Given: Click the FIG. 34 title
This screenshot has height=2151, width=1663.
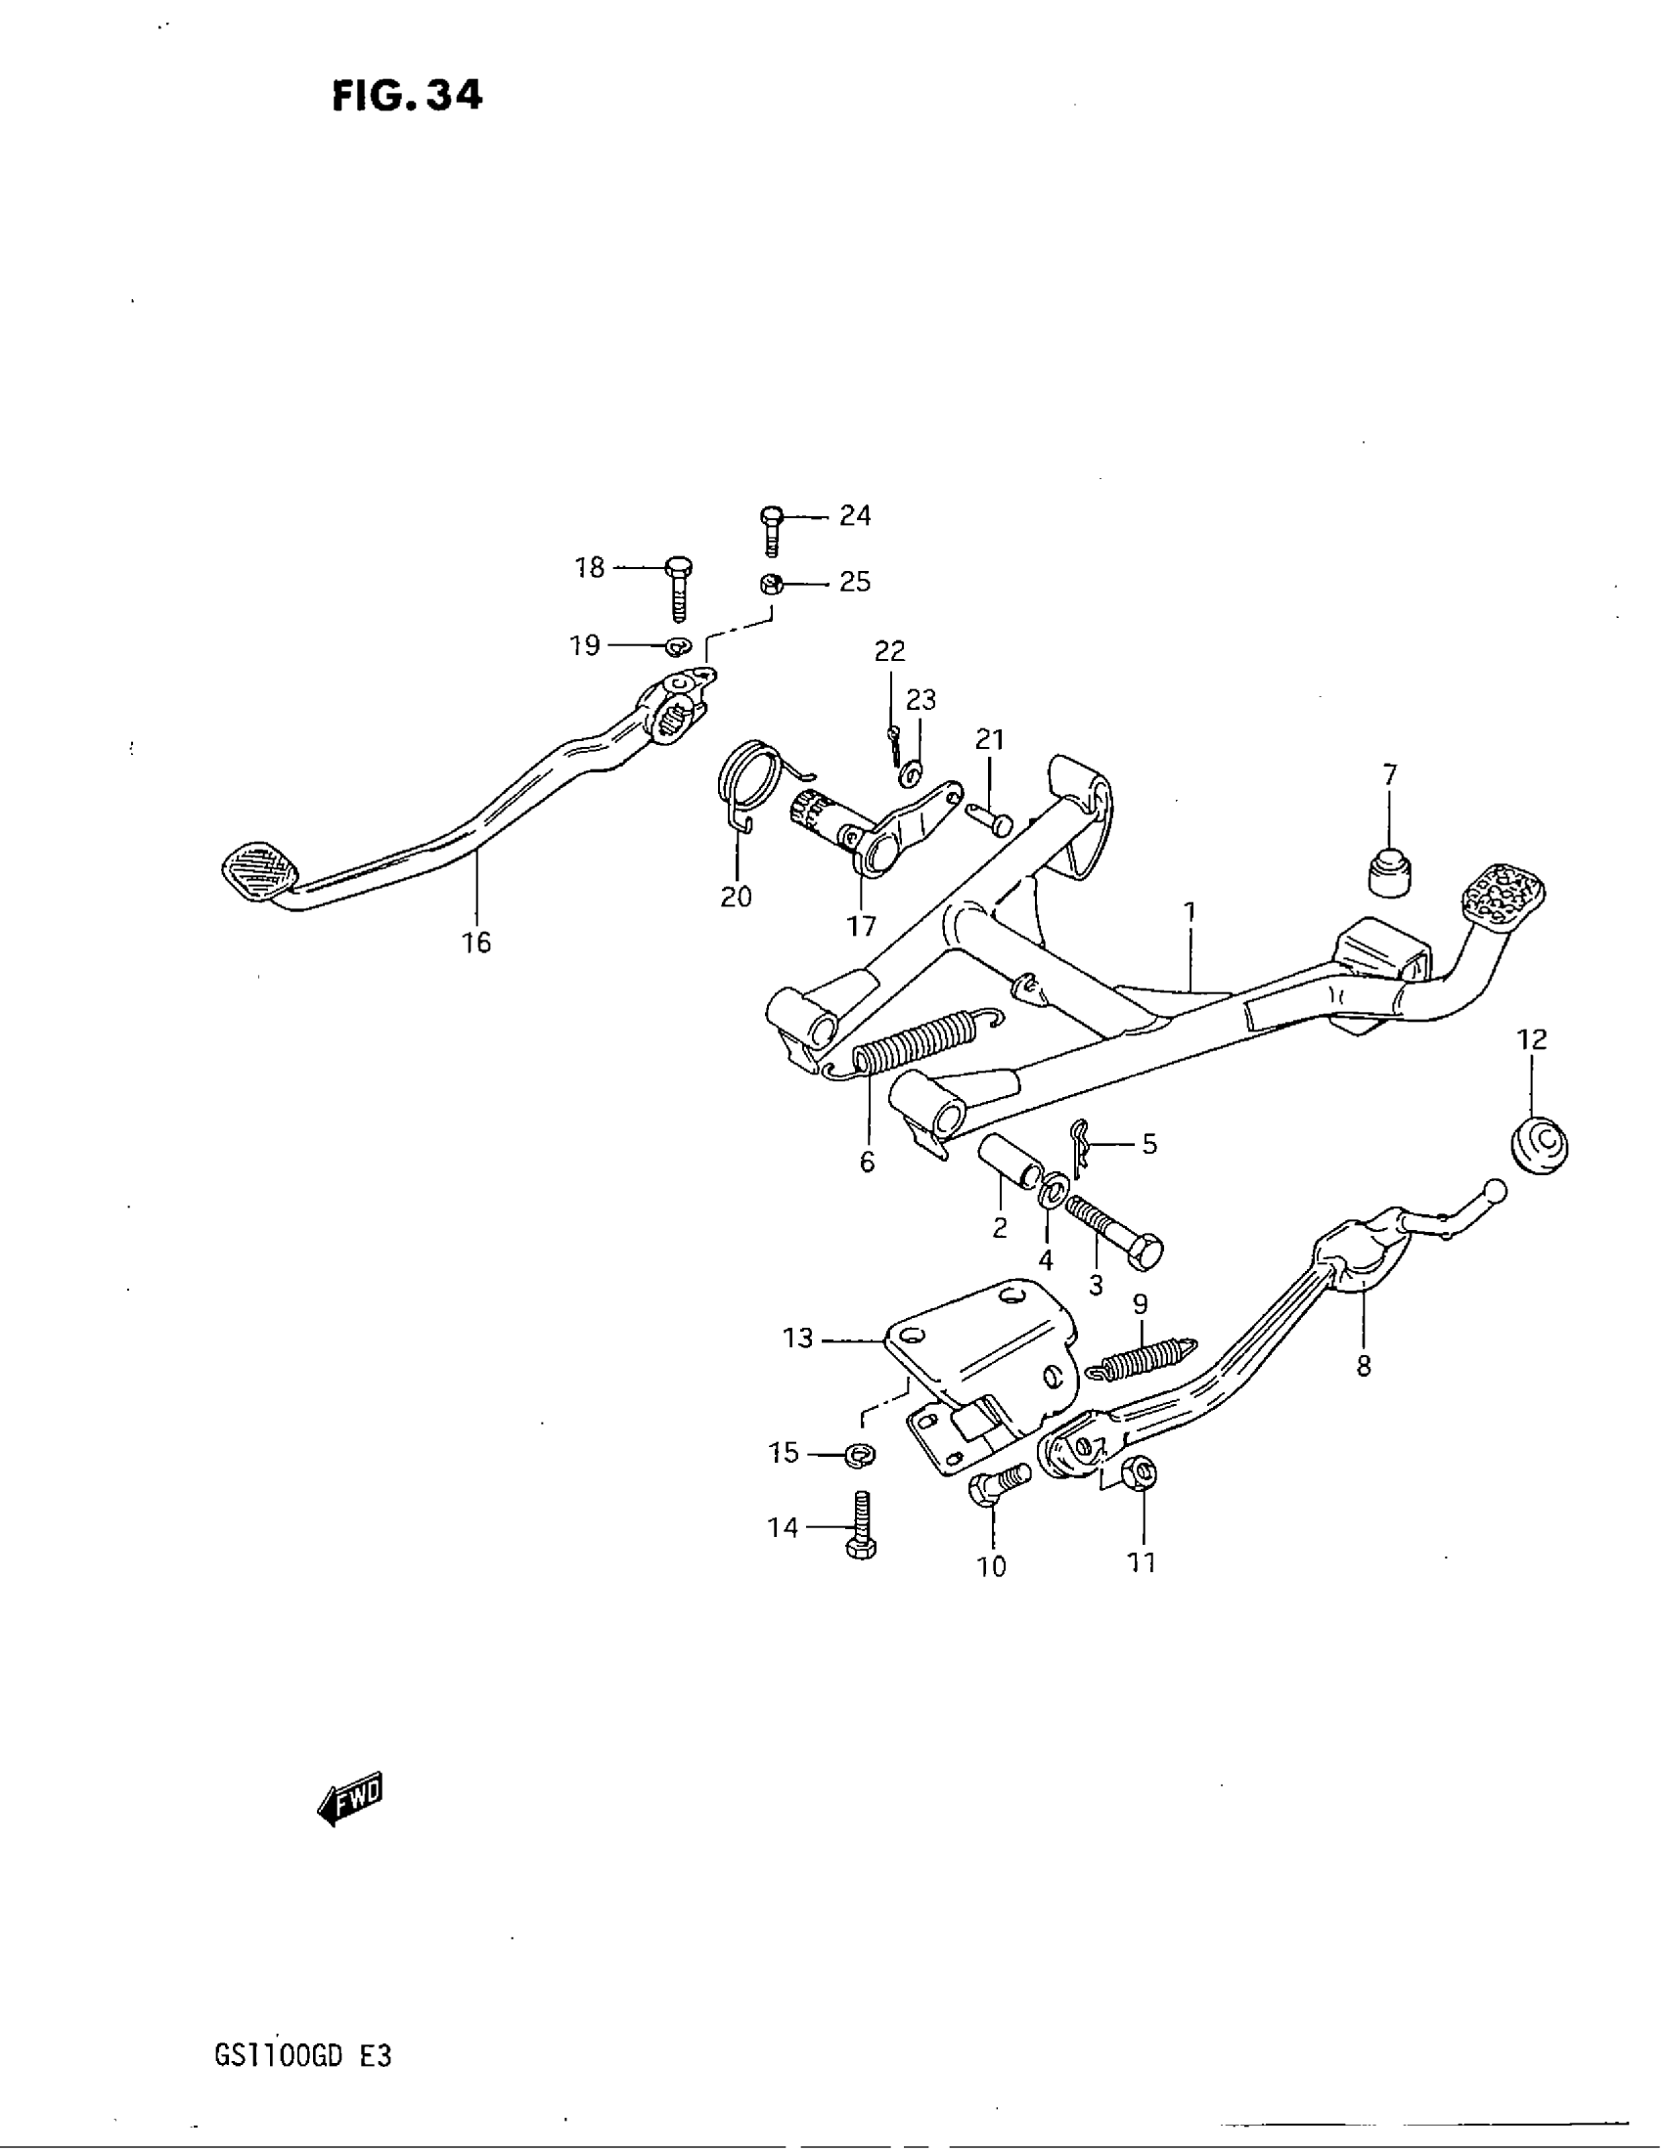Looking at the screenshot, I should [407, 96].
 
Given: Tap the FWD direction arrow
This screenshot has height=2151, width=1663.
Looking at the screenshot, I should [350, 1798].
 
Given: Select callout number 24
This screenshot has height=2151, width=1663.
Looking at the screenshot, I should [854, 515].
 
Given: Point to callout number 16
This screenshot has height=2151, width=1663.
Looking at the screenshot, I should [475, 943].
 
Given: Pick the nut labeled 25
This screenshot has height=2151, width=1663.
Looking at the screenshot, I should [772, 583].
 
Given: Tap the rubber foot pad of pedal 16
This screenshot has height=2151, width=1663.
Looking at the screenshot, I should [260, 869].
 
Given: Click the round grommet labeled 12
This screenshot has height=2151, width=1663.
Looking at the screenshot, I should [1539, 1146].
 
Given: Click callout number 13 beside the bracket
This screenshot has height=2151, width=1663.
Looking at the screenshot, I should [798, 1339].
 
